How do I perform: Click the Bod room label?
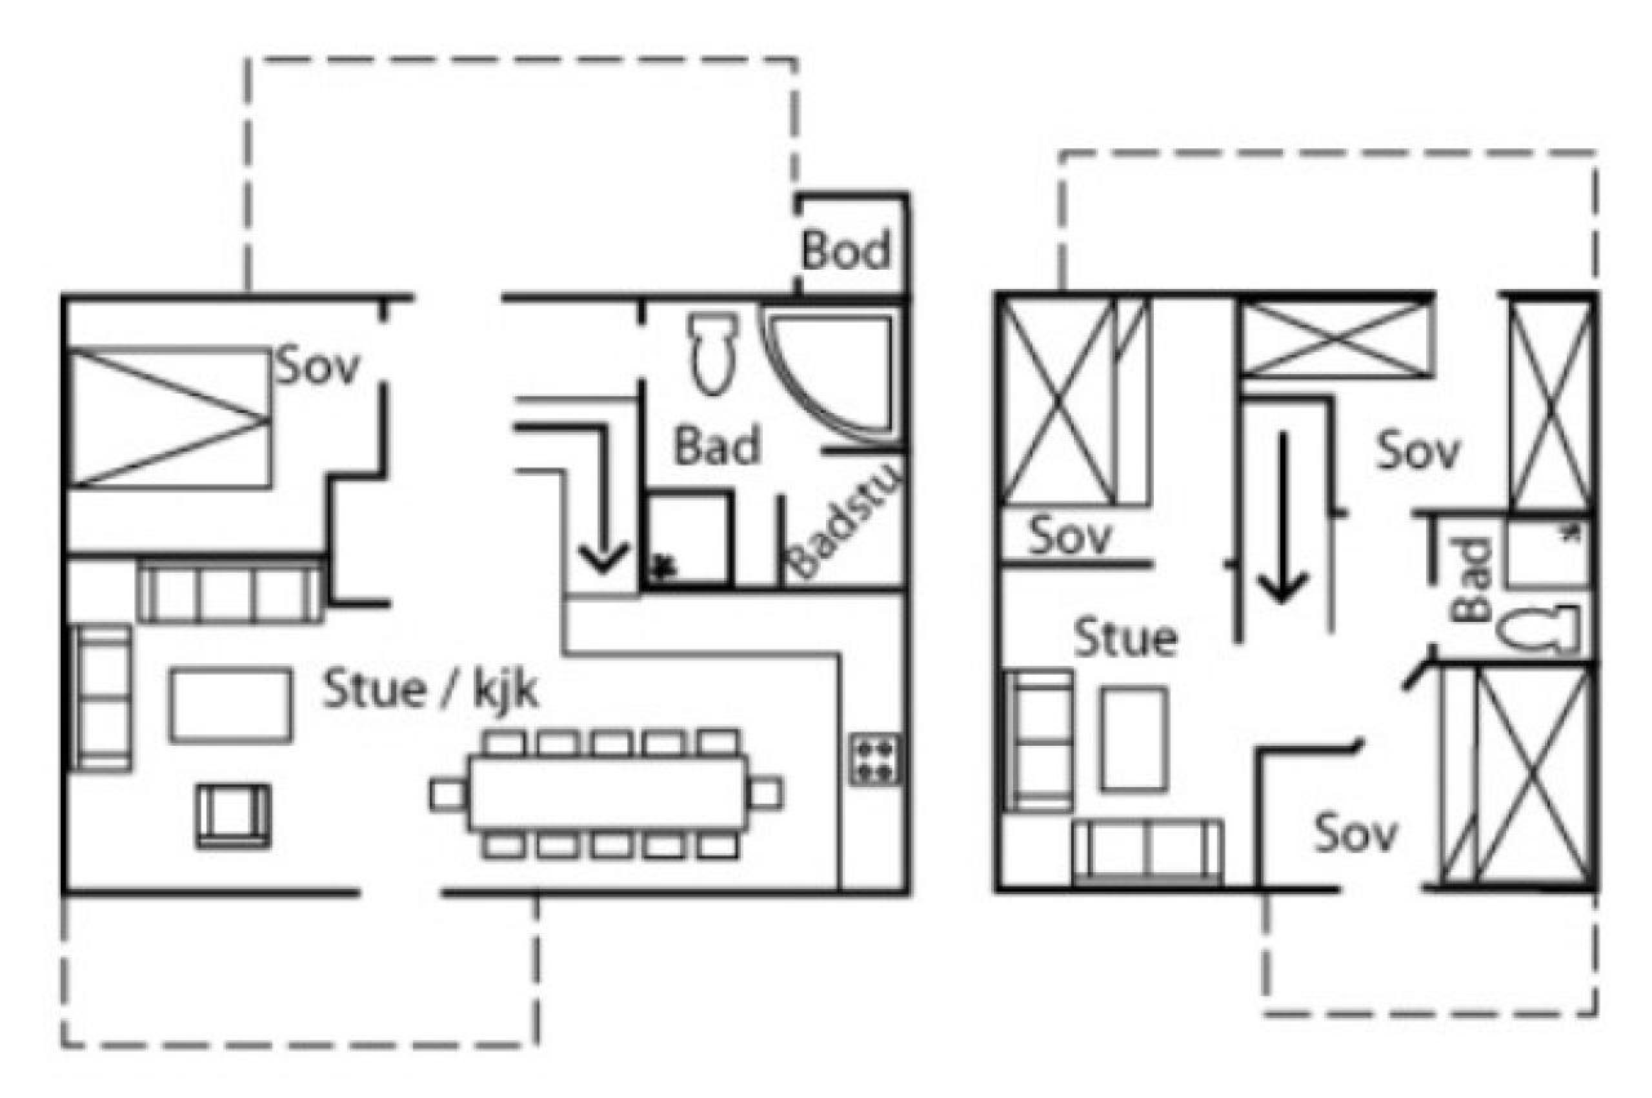(845, 250)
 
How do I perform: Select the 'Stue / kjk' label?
(429, 690)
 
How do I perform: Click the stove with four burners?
(876, 759)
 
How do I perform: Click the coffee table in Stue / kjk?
(230, 704)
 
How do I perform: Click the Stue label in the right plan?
(1125, 638)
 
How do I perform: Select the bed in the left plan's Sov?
(169, 417)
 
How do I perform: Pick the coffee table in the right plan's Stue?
(1135, 739)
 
